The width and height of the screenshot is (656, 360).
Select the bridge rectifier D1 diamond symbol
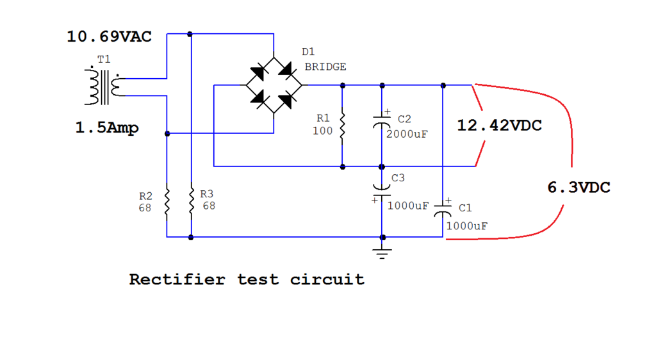[274, 85]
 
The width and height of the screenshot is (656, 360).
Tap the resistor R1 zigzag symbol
[343, 126]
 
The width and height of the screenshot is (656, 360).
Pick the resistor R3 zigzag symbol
[191, 201]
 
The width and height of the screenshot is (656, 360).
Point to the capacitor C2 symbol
[382, 123]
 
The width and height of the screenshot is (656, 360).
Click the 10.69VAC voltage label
[109, 37]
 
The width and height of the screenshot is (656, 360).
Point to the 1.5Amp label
[106, 128]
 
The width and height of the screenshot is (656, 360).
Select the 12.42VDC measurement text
[499, 126]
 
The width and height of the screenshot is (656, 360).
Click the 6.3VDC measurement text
[578, 188]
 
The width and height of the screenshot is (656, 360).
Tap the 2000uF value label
[407, 135]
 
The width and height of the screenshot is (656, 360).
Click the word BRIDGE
[325, 67]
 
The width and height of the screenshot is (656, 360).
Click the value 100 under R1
[322, 131]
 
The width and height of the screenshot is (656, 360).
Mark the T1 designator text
[103, 59]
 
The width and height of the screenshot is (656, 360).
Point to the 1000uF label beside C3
[407, 206]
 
